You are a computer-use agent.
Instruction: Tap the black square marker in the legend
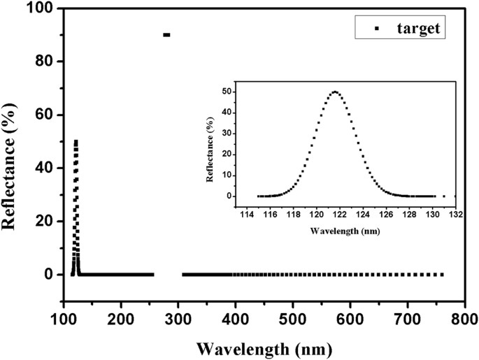click(x=378, y=29)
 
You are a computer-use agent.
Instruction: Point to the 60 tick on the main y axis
click(x=45, y=115)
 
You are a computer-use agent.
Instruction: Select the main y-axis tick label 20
click(x=45, y=221)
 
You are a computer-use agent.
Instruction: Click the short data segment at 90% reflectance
click(x=166, y=34)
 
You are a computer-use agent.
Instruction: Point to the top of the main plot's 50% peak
click(x=76, y=142)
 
